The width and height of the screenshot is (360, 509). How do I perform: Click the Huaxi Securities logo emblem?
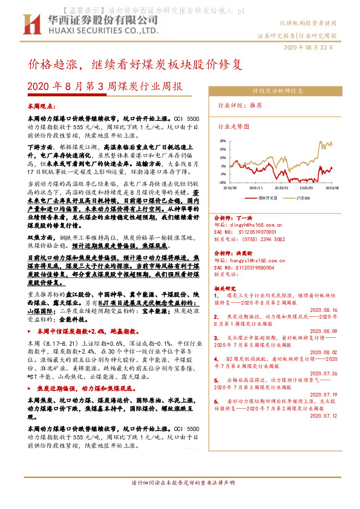pyautogui.click(x=30, y=23)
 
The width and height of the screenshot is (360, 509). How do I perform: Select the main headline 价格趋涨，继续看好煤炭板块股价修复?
pyautogui.click(x=136, y=63)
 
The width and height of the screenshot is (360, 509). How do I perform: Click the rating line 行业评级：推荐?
pyautogui.click(x=240, y=105)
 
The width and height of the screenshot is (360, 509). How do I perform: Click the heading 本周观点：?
pyautogui.click(x=42, y=106)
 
